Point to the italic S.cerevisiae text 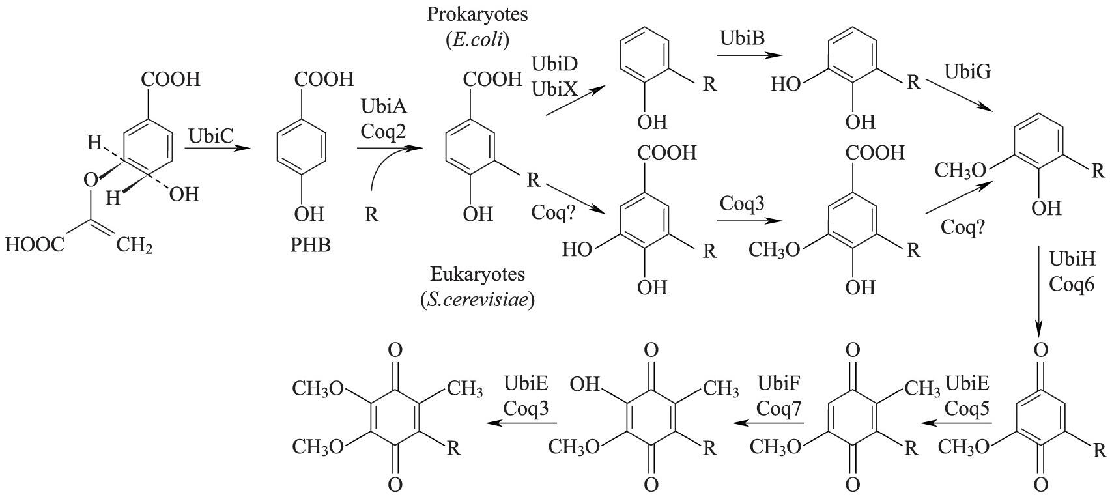tap(478, 300)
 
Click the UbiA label tap(383, 106)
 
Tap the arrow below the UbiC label tap(217, 149)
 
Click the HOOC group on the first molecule tap(35, 245)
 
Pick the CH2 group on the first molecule tap(135, 246)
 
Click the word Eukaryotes tap(478, 274)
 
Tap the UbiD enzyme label tap(554, 64)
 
